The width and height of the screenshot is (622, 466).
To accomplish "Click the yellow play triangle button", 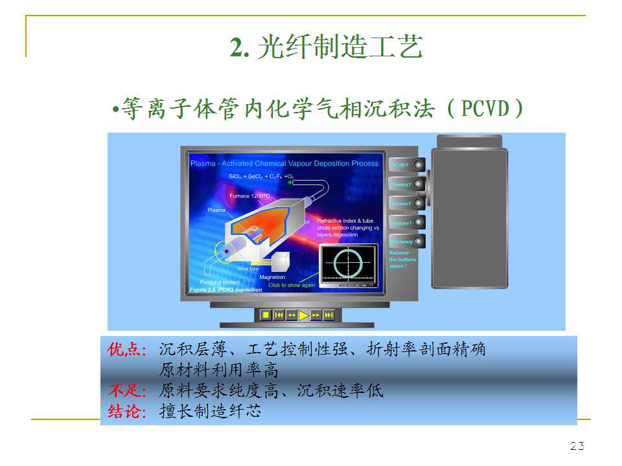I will [304, 315].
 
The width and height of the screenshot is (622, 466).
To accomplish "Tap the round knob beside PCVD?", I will [419, 164].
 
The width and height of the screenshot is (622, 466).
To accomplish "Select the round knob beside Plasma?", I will [419, 184].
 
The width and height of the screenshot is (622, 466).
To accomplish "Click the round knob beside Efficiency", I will [419, 241].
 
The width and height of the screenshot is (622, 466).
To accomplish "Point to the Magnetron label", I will [272, 277].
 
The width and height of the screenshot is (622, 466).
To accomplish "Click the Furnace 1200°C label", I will [249, 195].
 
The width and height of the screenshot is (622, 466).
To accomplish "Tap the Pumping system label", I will [220, 282].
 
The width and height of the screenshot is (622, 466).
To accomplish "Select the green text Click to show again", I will [292, 285].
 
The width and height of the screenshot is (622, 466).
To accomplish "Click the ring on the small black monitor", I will [349, 263].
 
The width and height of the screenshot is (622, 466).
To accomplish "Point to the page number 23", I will [577, 446].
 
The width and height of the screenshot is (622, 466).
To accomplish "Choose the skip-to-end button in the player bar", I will [328, 315].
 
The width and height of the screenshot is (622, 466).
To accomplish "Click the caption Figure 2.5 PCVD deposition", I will [226, 290].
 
